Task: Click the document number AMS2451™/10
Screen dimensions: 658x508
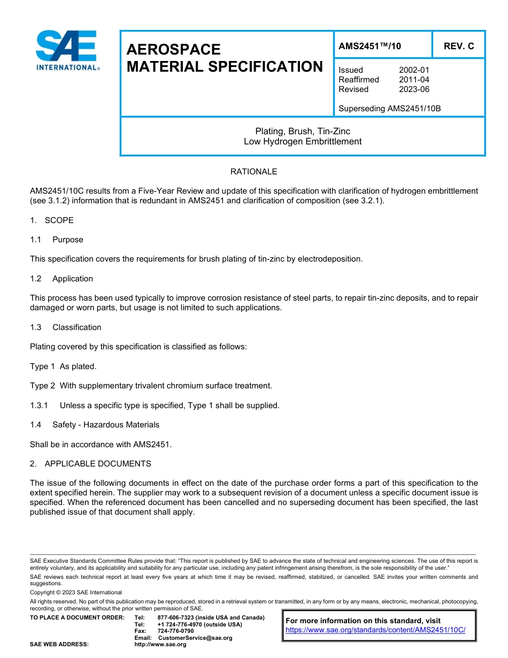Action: tap(370, 46)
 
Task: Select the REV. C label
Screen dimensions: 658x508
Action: tap(458, 46)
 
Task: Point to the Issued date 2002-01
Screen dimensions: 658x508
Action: tap(414, 70)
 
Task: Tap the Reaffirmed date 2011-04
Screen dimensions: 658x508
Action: tap(414, 80)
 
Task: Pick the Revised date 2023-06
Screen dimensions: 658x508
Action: tap(414, 89)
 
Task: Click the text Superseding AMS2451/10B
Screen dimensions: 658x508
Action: tap(389, 109)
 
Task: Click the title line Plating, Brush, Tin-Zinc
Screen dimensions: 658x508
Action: tap(303, 132)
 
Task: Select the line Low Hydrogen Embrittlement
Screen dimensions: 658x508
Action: tap(303, 142)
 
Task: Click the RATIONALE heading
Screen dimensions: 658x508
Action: tap(253, 172)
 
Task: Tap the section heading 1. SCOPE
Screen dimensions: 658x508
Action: tap(52, 220)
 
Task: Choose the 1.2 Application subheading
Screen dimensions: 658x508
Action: tap(61, 279)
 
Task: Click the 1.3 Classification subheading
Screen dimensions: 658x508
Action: tap(66, 327)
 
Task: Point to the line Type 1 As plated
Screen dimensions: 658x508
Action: tap(63, 366)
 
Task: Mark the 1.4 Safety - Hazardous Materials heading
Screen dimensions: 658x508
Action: tap(95, 425)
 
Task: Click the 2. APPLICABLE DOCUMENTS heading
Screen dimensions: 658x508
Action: tap(90, 464)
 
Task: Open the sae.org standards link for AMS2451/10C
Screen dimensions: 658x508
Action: tap(375, 630)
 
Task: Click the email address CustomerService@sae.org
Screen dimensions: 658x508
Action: tap(195, 638)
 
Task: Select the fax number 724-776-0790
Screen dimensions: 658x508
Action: tap(175, 631)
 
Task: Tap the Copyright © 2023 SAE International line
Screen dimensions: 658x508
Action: tap(76, 593)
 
